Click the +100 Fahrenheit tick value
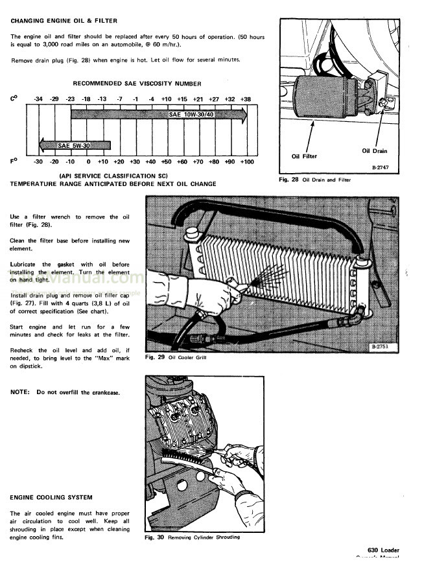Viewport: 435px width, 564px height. tap(246, 161)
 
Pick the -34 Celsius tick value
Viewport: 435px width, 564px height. tap(39, 99)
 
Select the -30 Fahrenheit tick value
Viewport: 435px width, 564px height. tap(38, 161)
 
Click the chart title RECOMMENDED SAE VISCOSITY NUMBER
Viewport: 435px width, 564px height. tap(137, 84)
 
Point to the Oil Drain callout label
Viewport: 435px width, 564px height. tap(374, 151)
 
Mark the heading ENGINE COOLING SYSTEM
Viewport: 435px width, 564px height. tap(51, 497)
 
